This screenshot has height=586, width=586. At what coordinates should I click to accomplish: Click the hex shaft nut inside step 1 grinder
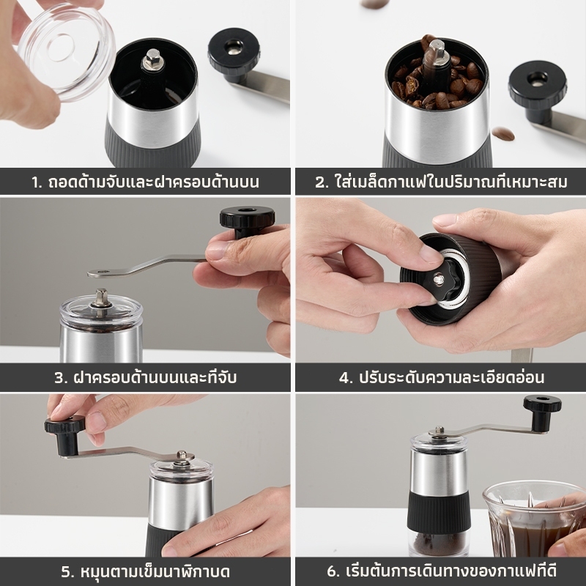[152, 58]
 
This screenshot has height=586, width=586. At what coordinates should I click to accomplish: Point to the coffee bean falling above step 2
[374, 4]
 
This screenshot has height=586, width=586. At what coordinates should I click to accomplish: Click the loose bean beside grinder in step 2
[502, 133]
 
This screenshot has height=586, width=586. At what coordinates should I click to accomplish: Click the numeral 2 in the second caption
[320, 182]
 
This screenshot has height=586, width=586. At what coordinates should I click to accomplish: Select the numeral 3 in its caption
[59, 378]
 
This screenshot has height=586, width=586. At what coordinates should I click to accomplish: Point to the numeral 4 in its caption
[345, 378]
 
